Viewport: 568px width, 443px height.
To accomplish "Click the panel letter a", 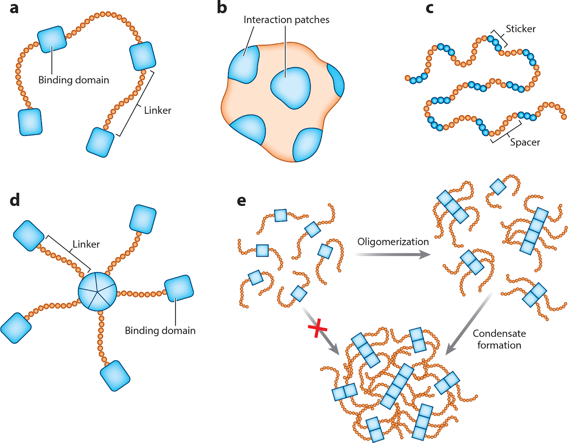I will (14, 8).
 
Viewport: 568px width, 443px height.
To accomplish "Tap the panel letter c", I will (429, 8).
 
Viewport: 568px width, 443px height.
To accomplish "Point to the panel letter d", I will (15, 200).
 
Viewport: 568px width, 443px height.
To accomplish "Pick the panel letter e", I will (241, 201).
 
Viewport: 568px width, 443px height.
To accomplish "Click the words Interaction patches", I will (286, 20).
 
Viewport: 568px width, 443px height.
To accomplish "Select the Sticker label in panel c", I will (521, 29).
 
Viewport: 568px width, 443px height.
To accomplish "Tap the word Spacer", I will (525, 142).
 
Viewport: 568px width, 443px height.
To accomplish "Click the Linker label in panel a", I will (157, 110).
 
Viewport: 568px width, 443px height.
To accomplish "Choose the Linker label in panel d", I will (86, 244).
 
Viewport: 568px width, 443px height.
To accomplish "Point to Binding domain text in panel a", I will (74, 80).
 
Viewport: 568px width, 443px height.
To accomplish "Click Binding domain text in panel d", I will (160, 331).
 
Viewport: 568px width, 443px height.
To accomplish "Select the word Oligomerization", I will (393, 242).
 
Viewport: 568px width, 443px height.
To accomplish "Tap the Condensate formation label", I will (499, 339).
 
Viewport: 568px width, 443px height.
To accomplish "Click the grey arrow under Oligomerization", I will (393, 254).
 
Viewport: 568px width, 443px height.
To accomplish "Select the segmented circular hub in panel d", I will (98, 292).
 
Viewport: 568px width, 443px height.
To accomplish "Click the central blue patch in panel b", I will (290, 88).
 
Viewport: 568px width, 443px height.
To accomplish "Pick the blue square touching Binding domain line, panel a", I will (52, 39).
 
